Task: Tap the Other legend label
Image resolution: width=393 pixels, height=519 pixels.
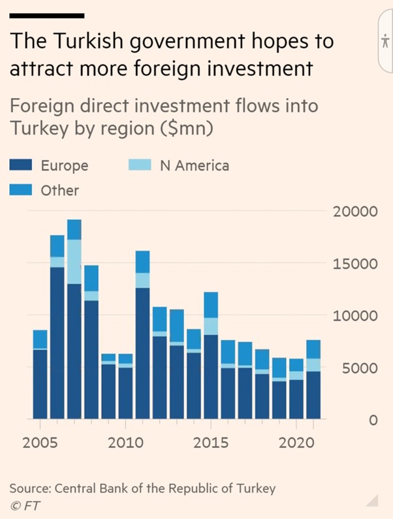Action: (59, 191)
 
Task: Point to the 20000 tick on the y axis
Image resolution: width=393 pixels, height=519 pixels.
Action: (356, 212)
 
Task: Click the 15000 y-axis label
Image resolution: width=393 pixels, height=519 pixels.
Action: (356, 264)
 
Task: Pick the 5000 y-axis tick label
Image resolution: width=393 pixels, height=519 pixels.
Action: (360, 368)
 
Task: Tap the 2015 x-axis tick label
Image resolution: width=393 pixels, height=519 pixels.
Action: (211, 443)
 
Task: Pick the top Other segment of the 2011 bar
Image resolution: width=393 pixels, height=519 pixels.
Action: (142, 262)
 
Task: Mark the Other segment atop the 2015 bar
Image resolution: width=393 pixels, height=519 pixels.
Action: (210, 305)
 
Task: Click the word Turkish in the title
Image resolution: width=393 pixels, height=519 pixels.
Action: (93, 42)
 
